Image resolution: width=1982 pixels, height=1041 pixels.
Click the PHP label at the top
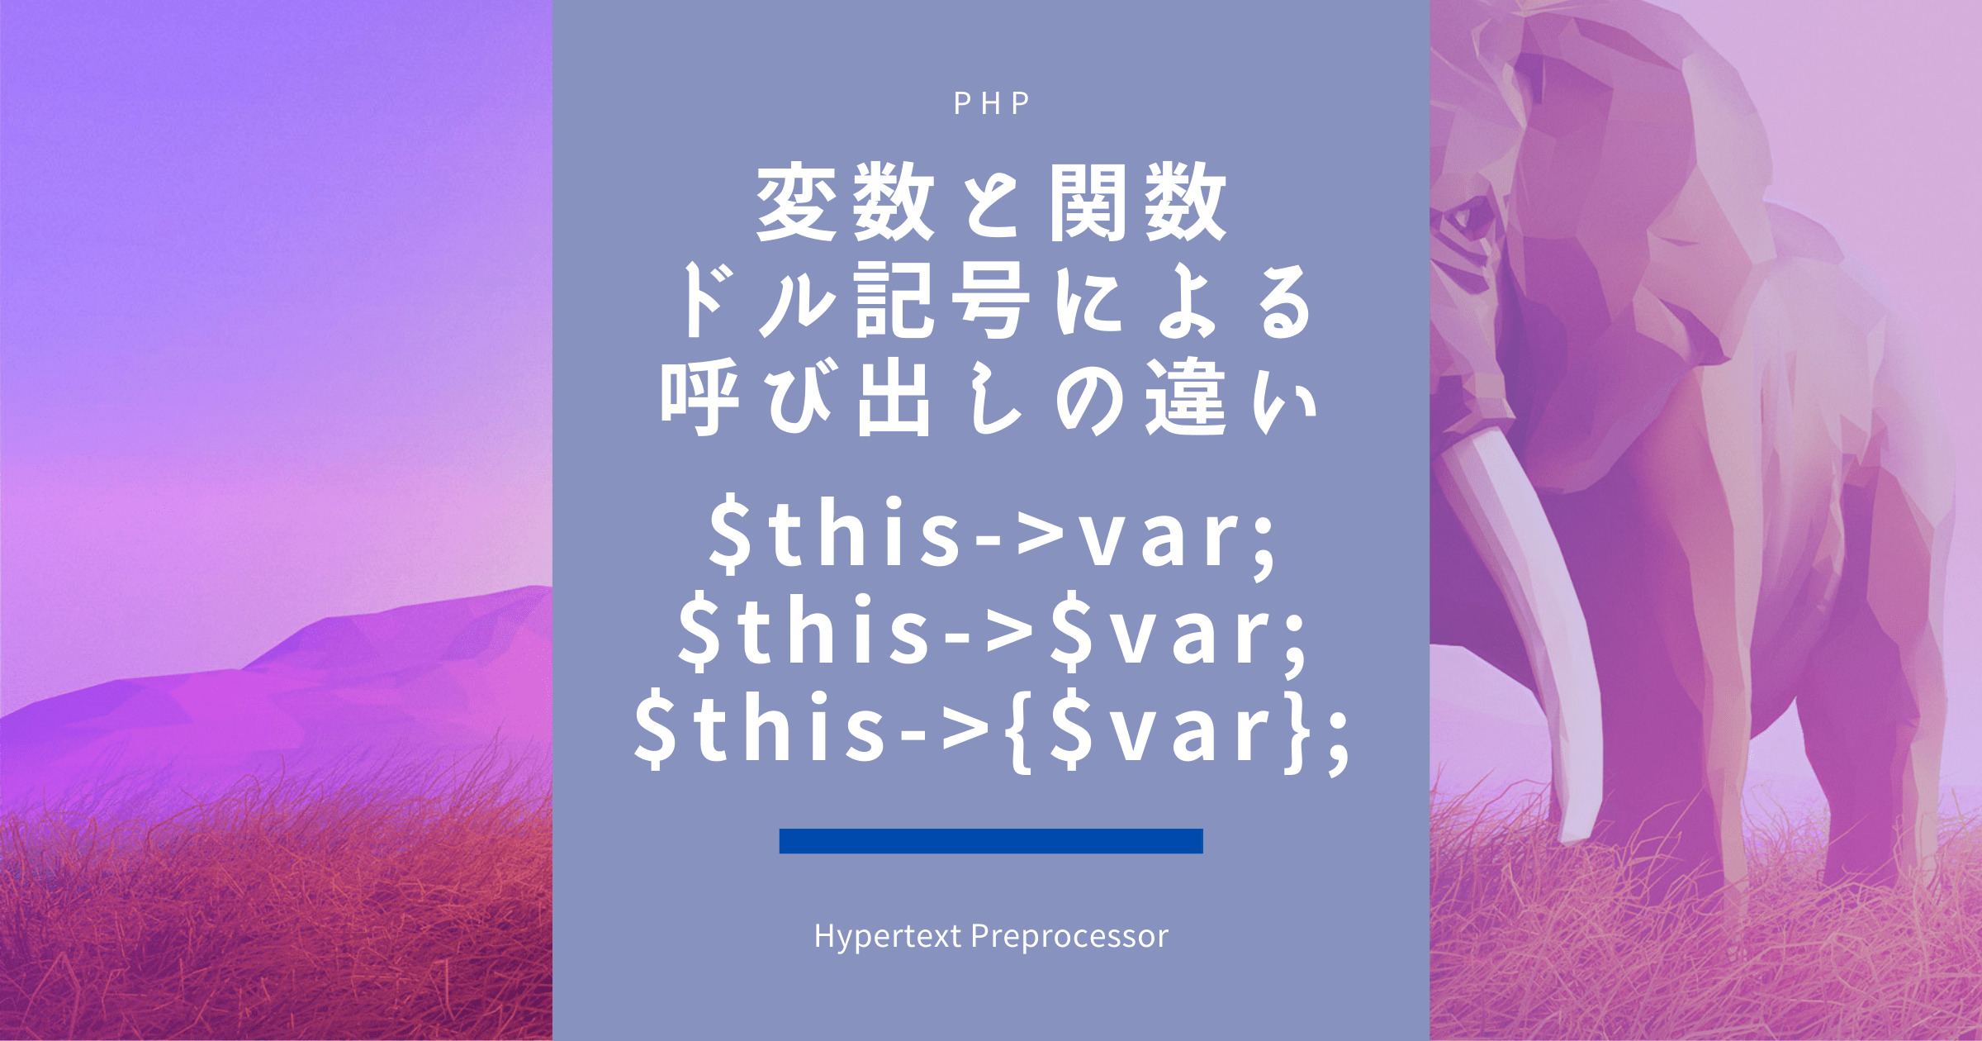coord(991,102)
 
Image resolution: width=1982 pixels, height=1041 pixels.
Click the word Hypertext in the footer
coord(888,937)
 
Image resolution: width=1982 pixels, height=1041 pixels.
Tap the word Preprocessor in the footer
coord(1069,937)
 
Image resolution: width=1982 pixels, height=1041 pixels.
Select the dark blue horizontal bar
coord(991,840)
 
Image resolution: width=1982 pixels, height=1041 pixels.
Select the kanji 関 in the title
coord(1089,202)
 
